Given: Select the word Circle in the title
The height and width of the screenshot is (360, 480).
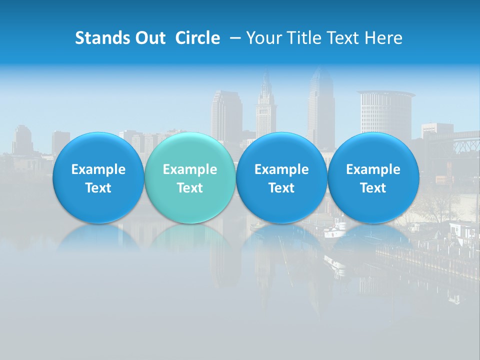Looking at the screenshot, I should click(197, 38).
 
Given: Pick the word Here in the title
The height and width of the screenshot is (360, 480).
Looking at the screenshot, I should click(384, 38).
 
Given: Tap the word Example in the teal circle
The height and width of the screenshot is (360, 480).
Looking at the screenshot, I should click(190, 169).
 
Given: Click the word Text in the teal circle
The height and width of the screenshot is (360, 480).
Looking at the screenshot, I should click(190, 188).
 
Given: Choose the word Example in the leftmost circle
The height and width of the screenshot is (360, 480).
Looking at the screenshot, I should click(98, 169).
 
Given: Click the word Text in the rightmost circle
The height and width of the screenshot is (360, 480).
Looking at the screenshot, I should click(373, 188).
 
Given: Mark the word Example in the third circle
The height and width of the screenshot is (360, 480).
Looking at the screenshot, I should click(281, 169).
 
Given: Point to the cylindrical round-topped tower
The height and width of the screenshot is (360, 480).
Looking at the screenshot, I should click(385, 112).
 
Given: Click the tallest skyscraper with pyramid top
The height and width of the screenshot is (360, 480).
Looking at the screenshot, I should click(320, 105).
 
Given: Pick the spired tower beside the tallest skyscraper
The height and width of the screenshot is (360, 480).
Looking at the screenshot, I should click(266, 107).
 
